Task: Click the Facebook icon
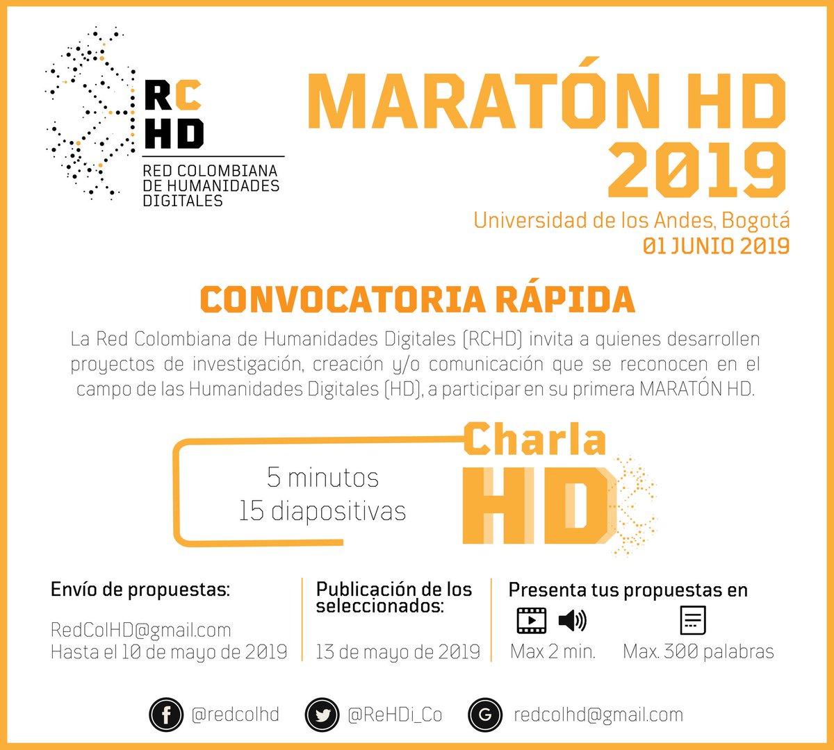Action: click(167, 715)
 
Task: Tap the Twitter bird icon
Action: click(322, 715)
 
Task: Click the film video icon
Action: click(532, 620)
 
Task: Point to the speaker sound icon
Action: click(572, 620)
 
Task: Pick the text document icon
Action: click(693, 620)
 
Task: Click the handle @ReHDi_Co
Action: click(395, 715)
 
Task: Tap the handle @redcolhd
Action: click(235, 715)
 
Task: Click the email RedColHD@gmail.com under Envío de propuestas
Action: click(140, 630)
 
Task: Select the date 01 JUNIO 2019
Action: click(716, 246)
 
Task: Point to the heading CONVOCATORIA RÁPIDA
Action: click(417, 299)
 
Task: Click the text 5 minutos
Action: click(323, 478)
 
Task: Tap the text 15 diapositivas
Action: click(322, 511)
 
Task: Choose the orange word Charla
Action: click(534, 440)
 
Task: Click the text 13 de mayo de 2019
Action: click(398, 652)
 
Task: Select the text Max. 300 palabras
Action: click(698, 652)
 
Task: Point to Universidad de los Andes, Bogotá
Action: click(631, 220)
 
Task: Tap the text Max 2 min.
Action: click(553, 652)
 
